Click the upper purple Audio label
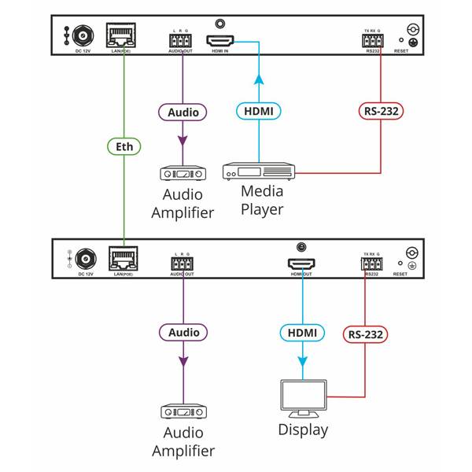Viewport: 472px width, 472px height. point(183,112)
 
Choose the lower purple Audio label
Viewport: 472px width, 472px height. point(183,333)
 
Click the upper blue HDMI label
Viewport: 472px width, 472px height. point(259,112)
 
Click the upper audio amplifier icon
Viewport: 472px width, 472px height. point(183,174)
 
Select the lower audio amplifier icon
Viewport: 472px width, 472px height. point(183,411)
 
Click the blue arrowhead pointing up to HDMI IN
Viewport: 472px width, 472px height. point(259,79)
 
